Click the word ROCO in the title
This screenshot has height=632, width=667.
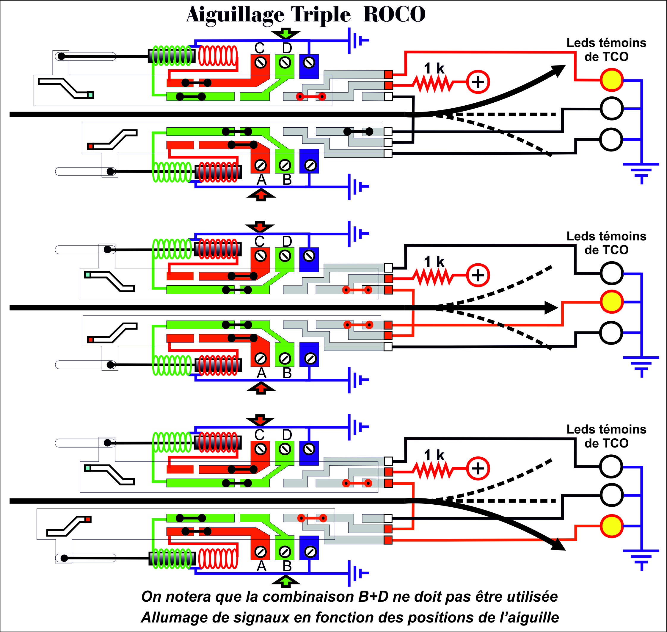coord(394,15)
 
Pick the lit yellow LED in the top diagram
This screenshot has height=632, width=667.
coord(611,80)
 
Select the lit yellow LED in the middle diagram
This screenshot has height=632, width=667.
coord(611,302)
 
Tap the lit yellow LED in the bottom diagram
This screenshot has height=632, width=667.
coord(611,526)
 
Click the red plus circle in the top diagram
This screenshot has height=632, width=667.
coord(478,82)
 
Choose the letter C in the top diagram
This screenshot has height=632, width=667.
coord(259,48)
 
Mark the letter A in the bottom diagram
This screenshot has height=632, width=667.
coord(261,566)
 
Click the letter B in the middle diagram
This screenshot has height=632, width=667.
coord(287,373)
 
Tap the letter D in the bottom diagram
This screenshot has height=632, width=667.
coord(287,435)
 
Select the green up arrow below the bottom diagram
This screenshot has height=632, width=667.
coord(285,581)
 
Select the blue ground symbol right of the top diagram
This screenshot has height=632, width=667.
coord(641,173)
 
